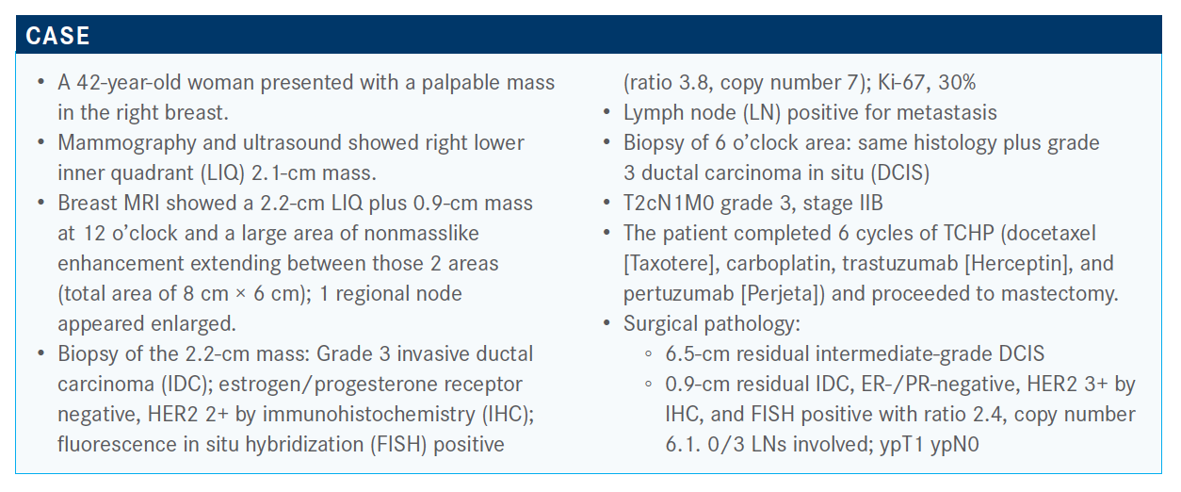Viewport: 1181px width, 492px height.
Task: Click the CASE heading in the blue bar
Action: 57,36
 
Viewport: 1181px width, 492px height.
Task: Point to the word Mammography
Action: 127,143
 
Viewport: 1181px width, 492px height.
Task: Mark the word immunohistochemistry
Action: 369,415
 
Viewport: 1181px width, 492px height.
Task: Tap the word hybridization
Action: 305,445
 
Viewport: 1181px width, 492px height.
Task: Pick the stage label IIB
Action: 870,204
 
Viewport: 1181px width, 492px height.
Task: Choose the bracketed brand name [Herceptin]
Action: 1019,263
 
